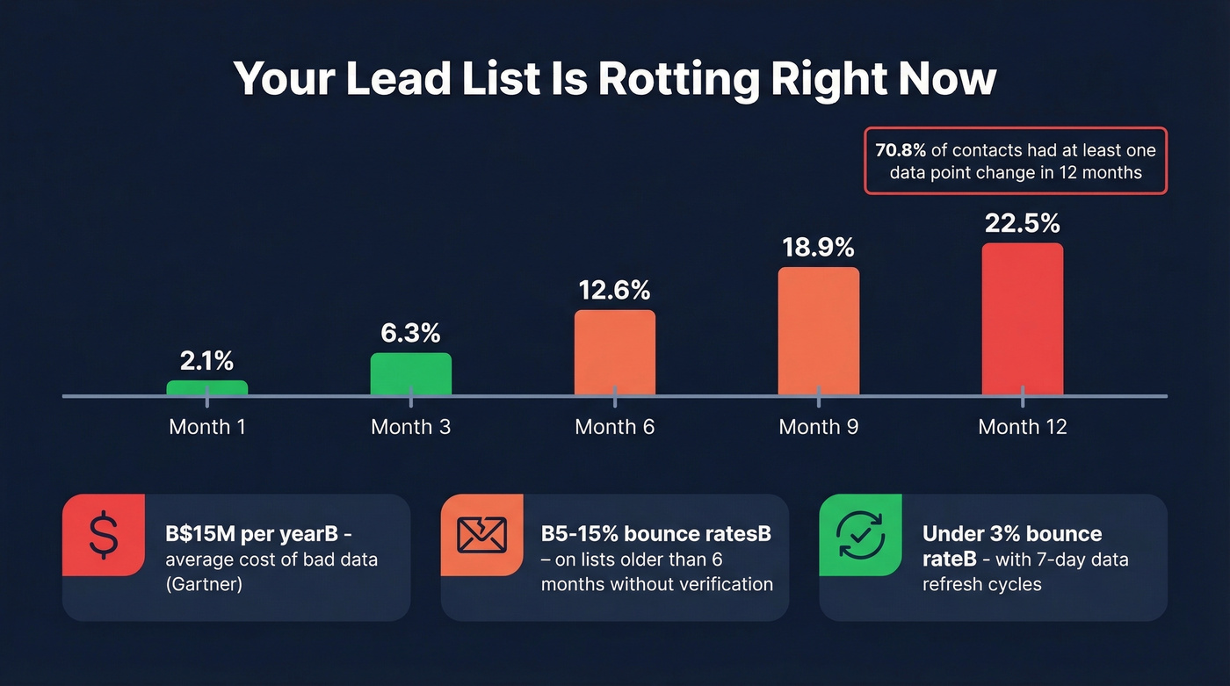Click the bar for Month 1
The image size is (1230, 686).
click(x=207, y=388)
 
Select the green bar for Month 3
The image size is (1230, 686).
click(x=411, y=374)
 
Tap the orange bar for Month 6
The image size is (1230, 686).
click(x=615, y=352)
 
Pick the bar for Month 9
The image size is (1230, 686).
click(x=819, y=331)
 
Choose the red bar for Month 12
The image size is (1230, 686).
click(x=1023, y=319)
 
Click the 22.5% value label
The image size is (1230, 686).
click(x=1023, y=224)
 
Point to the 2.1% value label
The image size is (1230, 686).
click(x=207, y=360)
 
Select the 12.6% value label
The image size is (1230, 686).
click(x=615, y=290)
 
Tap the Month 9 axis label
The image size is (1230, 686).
click(x=819, y=428)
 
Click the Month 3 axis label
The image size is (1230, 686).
click(x=411, y=428)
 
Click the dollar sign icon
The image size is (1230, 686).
click(x=103, y=535)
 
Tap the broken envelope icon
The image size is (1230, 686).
click(x=482, y=535)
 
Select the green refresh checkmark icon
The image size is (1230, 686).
click(x=860, y=535)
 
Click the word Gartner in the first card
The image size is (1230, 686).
click(x=205, y=584)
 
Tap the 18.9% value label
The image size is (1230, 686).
click(x=819, y=249)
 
